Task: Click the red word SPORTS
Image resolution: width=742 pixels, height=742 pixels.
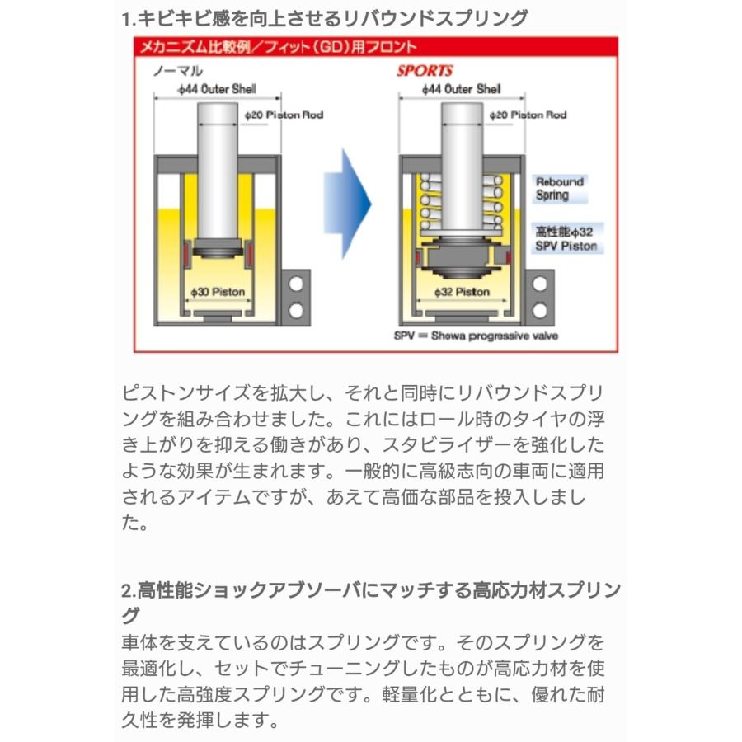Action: tap(425, 71)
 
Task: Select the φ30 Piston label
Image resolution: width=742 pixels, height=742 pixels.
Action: tap(218, 292)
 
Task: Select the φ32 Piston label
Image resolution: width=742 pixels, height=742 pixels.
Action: tap(462, 292)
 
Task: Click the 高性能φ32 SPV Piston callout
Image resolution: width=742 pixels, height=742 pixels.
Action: tap(566, 240)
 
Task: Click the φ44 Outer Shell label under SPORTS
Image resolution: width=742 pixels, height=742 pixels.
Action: tap(460, 88)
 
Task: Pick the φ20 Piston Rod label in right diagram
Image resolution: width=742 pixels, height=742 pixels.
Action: tap(528, 115)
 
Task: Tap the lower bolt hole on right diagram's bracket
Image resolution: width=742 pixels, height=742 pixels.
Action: tap(540, 311)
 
